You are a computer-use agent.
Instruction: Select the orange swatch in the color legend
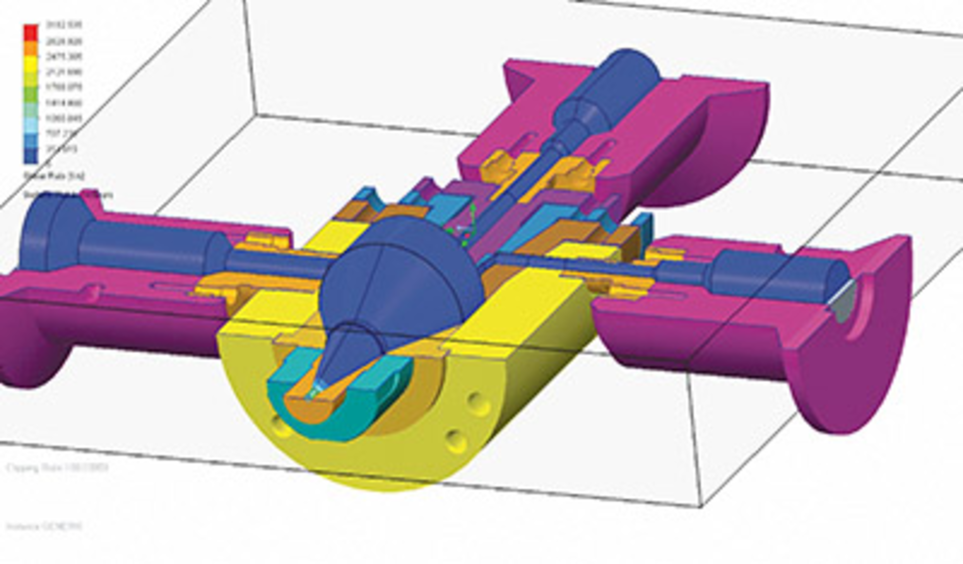[30, 48]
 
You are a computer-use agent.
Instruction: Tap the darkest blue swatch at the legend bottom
[30, 155]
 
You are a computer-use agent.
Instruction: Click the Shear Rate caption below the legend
[54, 176]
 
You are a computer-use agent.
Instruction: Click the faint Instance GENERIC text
[44, 526]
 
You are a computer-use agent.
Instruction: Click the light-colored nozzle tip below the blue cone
[316, 389]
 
